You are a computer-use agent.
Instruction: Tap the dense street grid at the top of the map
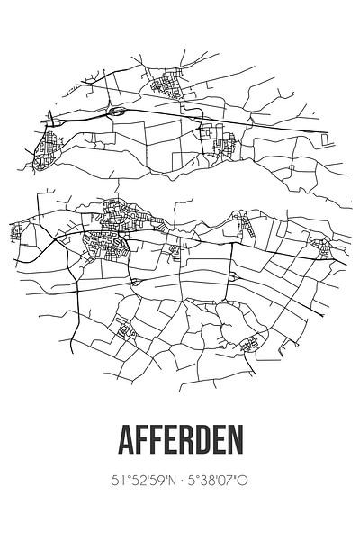(x=167, y=88)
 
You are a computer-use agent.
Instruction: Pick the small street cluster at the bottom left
(x=126, y=330)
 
